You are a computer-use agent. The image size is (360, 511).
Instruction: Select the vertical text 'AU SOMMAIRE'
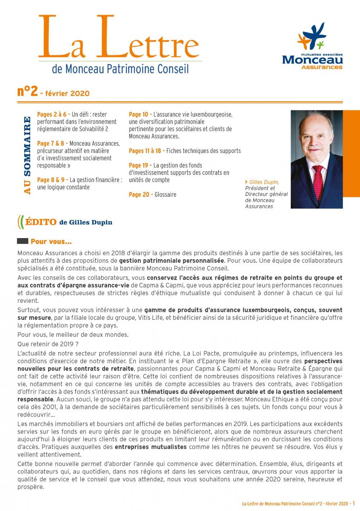coord(27,155)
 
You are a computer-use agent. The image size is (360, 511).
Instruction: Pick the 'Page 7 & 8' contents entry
coord(51,144)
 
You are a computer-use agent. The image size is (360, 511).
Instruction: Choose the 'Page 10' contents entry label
coord(138,114)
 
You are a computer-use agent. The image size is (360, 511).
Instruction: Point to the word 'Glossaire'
coord(166,195)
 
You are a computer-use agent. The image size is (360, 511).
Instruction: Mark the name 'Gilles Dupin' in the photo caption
coord(264,182)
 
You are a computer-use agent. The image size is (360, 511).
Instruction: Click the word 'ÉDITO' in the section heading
coord(41,222)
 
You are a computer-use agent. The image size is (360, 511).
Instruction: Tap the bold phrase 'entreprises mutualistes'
coord(151,447)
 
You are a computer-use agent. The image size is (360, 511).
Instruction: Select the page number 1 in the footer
coord(354,503)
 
